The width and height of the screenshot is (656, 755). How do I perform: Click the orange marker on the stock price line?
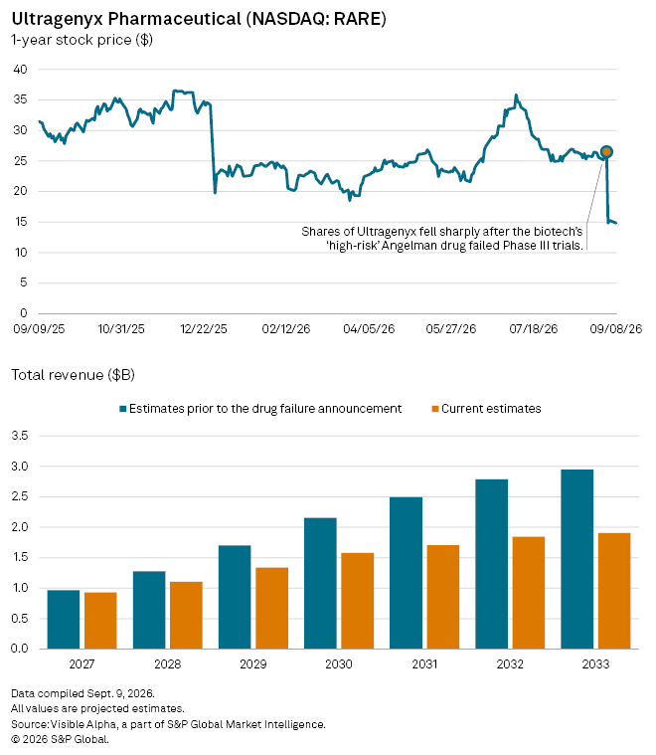[606, 151]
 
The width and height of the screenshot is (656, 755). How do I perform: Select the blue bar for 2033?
[577, 559]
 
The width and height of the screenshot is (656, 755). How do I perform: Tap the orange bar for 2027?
[100, 621]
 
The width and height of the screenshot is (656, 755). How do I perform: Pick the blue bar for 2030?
[320, 583]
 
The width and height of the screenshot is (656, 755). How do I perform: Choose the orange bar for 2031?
[443, 597]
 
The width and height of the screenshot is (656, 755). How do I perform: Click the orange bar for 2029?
[272, 608]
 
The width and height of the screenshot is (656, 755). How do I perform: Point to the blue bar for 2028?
[149, 610]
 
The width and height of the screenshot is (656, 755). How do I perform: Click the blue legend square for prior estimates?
[123, 409]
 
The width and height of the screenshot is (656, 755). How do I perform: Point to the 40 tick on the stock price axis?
[20, 70]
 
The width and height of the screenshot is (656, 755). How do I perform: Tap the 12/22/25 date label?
[204, 329]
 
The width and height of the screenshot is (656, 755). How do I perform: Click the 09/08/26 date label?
[616, 329]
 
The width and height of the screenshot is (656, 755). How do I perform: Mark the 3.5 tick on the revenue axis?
[20, 436]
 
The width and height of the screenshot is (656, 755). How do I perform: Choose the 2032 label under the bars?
[510, 664]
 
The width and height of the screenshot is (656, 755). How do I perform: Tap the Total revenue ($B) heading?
[74, 375]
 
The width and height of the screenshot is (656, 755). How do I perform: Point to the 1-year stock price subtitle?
[82, 40]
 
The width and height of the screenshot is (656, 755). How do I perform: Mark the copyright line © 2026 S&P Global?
[61, 739]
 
